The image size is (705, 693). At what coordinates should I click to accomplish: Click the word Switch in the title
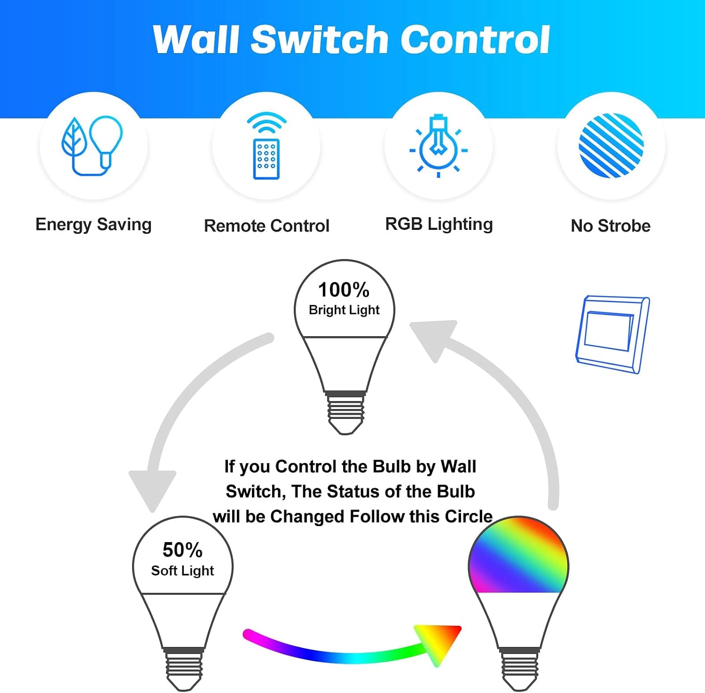320,39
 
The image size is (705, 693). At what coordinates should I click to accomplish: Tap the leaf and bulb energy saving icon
93,146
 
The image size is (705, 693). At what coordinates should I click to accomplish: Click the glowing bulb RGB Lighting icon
439,146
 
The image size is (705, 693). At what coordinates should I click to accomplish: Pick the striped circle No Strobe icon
611,145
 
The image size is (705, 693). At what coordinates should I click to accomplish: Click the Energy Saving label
94,225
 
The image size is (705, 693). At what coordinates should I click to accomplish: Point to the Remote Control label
266,226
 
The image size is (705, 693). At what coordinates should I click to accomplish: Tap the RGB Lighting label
439,224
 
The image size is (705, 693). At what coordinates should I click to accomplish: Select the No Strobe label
611,226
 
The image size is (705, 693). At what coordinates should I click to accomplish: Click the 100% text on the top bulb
344,290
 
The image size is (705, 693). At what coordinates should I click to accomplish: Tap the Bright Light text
344,310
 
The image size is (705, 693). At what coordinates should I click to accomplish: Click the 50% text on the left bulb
182,550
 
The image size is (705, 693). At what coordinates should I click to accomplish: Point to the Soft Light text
182,570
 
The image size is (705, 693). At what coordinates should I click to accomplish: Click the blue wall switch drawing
612,334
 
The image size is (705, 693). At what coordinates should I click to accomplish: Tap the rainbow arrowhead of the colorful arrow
437,642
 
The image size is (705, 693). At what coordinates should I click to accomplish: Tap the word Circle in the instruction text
469,516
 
